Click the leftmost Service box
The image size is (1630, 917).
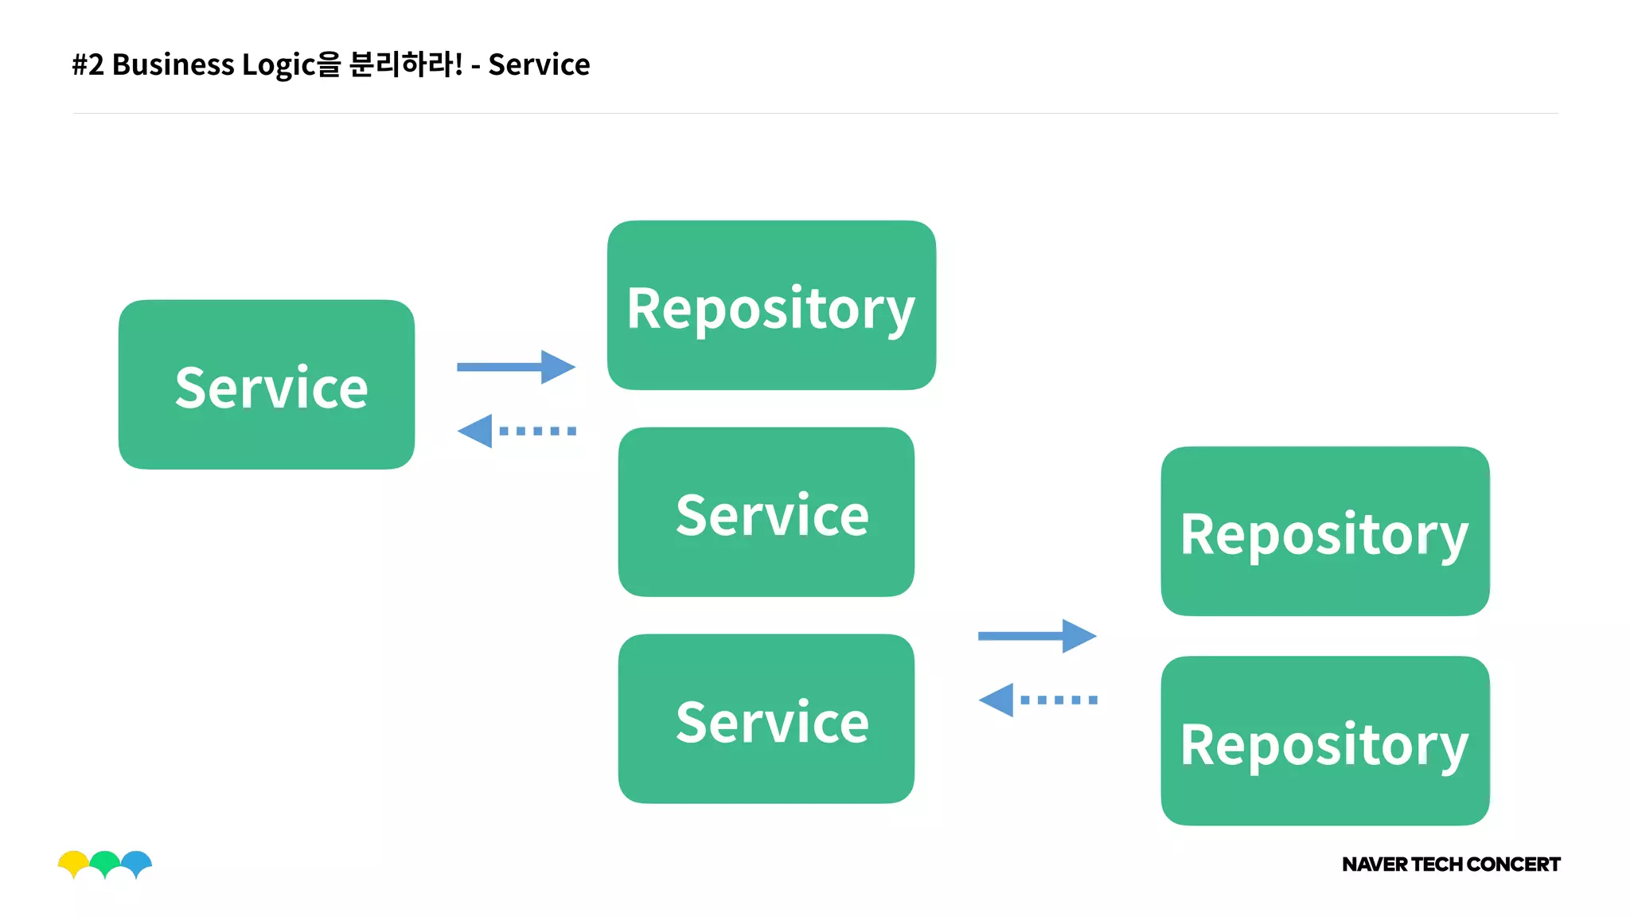(266, 384)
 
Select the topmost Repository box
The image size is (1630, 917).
(770, 306)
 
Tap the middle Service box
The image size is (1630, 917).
(766, 512)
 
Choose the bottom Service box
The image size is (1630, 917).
(766, 719)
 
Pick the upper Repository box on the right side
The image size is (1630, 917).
(1324, 531)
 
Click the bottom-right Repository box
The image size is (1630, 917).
(1324, 741)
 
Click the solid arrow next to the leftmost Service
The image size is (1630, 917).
(516, 367)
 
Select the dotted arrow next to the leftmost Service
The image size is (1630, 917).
(516, 431)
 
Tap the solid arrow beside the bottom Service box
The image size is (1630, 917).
(1036, 635)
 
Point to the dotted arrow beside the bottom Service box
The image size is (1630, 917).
(1036, 700)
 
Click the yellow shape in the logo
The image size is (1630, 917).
(73, 862)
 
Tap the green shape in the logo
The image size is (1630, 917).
(105, 862)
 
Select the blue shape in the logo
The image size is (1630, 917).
(137, 862)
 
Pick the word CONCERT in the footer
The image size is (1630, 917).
(1513, 864)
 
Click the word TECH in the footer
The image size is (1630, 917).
(1437, 864)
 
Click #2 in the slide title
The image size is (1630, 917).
(88, 64)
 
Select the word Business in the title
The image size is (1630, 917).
(173, 64)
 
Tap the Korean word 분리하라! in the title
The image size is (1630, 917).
(405, 64)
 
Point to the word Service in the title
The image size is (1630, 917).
(539, 64)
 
